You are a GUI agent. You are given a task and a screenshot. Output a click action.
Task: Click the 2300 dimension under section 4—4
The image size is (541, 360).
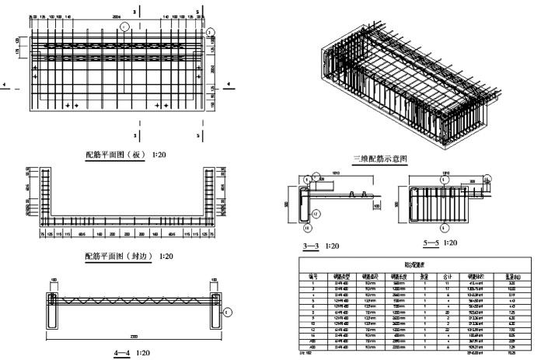coord(134,336)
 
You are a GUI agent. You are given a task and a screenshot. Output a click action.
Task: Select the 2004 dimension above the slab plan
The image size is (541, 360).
coord(117,16)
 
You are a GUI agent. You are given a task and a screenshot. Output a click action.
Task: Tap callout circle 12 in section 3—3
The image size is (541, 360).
coord(316,212)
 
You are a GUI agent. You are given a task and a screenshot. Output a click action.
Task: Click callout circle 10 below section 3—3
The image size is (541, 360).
coord(307,229)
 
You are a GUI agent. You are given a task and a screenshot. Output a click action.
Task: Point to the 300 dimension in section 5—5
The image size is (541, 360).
coord(472,180)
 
